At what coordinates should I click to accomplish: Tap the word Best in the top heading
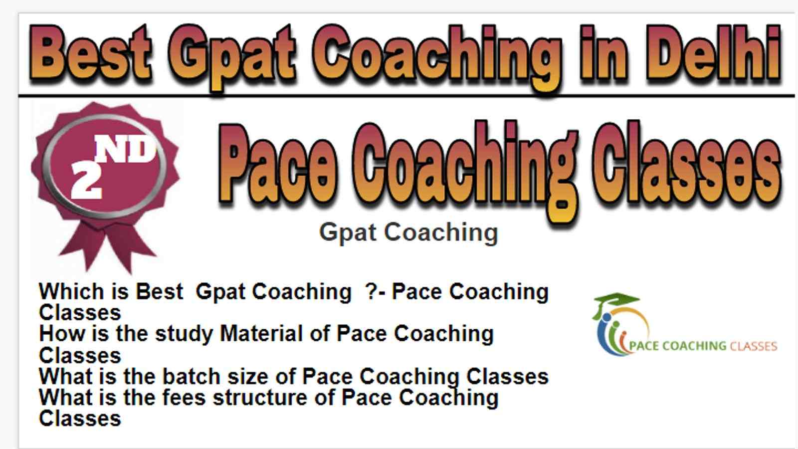click(x=90, y=52)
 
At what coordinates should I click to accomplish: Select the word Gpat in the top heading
click(x=231, y=57)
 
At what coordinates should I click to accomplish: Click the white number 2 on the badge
click(x=86, y=180)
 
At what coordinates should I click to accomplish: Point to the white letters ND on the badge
click(x=125, y=150)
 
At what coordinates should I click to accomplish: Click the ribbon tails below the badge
click(x=107, y=246)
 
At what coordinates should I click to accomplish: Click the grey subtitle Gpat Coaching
click(x=408, y=233)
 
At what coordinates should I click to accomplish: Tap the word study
click(x=184, y=335)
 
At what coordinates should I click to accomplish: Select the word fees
click(x=184, y=398)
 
